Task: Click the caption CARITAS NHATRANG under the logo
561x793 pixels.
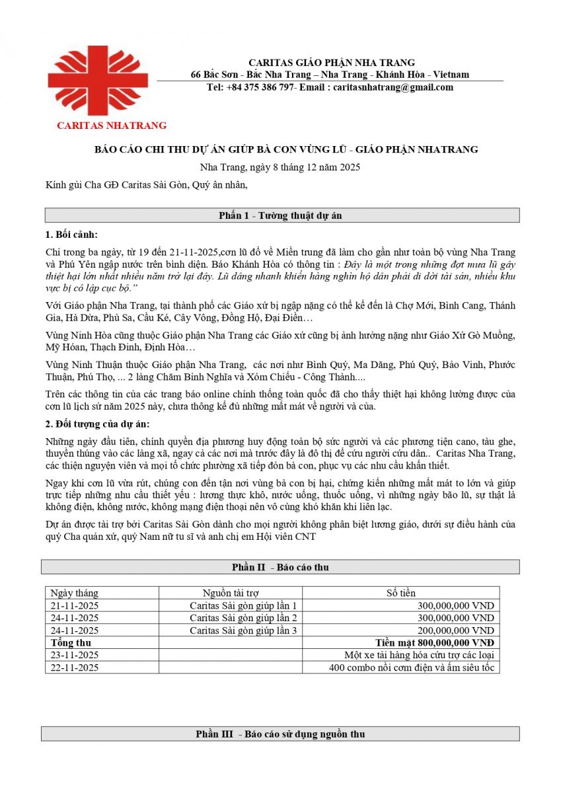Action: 112,125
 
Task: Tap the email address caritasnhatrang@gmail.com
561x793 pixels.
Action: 393,87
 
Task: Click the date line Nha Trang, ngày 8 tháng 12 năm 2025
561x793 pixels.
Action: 280,167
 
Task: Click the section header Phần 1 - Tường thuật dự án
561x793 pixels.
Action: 280,215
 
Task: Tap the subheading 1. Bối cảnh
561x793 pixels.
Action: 71,235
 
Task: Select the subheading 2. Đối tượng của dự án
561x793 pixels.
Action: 102,424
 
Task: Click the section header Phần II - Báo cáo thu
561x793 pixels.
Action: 280,567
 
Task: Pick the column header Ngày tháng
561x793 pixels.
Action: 74,593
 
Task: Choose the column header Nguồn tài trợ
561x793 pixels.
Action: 231,593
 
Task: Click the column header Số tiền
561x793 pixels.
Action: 400,593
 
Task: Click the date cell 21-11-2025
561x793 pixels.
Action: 75,605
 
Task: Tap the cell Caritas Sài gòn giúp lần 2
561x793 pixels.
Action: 243,618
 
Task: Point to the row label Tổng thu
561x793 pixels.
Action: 71,642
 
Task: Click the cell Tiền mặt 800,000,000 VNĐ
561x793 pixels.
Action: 434,642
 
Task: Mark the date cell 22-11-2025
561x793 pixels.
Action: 75,667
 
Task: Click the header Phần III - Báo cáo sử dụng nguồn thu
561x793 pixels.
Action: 280,734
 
